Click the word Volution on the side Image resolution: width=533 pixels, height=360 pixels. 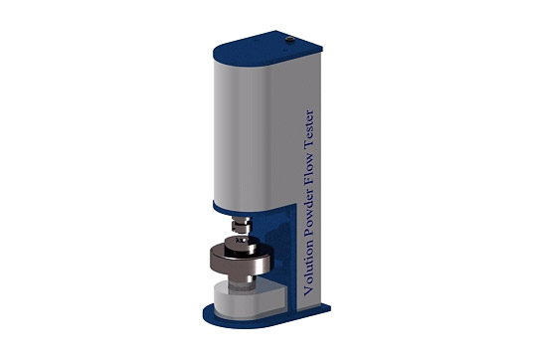click(x=308, y=268)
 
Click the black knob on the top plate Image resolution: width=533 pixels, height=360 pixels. click(x=290, y=40)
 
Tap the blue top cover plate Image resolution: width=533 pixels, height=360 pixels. click(x=267, y=49)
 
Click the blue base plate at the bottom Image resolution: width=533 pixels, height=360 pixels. click(x=266, y=317)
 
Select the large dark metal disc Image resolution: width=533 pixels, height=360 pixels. click(x=242, y=261)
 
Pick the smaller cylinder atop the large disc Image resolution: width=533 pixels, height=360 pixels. click(x=242, y=244)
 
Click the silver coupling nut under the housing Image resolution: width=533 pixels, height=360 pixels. click(x=241, y=225)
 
